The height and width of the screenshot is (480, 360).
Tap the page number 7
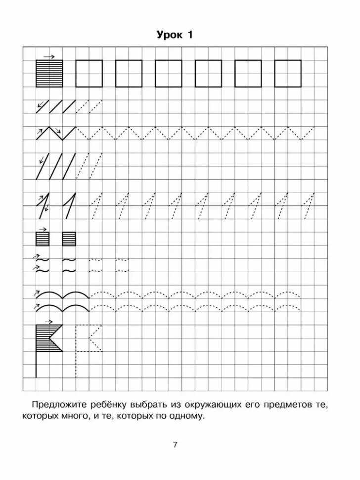click(175, 444)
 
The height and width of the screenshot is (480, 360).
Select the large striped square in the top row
click(49, 74)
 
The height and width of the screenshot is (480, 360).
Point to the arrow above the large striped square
click(49, 56)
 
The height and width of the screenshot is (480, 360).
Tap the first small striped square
click(43, 239)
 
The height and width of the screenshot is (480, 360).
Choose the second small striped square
click(69, 239)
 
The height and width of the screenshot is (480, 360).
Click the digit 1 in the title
click(189, 35)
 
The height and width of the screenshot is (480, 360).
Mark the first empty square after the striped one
click(89, 74)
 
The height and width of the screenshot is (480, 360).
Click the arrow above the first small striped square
click(43, 229)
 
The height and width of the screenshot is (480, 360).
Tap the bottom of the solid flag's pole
click(36, 376)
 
